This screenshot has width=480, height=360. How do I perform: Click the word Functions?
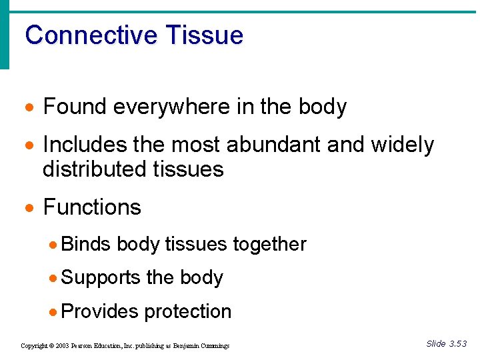pyautogui.click(x=92, y=207)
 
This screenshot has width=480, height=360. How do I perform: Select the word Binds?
pyautogui.click(x=85, y=244)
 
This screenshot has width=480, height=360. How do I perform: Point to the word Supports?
pyautogui.click(x=101, y=277)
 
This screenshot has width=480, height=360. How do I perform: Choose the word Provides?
pyautogui.click(x=99, y=311)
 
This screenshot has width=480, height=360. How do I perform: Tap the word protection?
pyautogui.click(x=188, y=311)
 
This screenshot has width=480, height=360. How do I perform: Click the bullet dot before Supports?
pyautogui.click(x=54, y=278)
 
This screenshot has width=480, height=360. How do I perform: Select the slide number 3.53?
pyautogui.click(x=458, y=344)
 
